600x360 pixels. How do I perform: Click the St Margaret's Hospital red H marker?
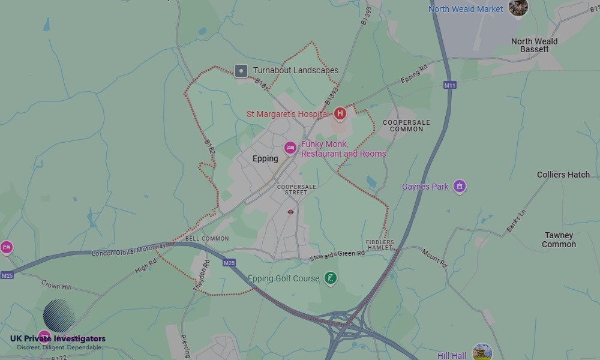coord(340,113)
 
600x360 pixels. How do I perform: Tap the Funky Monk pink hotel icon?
coord(290,148)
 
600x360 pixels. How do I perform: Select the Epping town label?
coord(265,159)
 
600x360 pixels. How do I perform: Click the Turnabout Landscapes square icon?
coord(241,71)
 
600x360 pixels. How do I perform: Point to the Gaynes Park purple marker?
coord(460,187)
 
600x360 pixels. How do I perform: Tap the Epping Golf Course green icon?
coord(330,278)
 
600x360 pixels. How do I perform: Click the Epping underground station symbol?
coord(290,212)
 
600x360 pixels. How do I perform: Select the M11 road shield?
coord(450,86)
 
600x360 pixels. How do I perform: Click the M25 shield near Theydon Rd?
coord(229,263)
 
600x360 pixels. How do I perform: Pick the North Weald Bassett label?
coord(534,46)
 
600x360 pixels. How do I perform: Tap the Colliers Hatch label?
coord(563,175)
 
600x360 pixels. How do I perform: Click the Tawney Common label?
coord(559,240)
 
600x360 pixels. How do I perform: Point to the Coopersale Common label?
coord(407,125)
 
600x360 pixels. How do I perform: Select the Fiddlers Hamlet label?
coord(380,245)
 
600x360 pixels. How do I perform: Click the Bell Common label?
coord(207,239)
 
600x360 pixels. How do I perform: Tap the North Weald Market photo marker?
coord(518,8)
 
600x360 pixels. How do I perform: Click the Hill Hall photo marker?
coord(482,352)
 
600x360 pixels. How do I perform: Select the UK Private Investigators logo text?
coord(58,339)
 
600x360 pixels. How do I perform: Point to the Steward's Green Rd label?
coord(337,255)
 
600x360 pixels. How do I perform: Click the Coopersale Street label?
coord(296,190)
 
